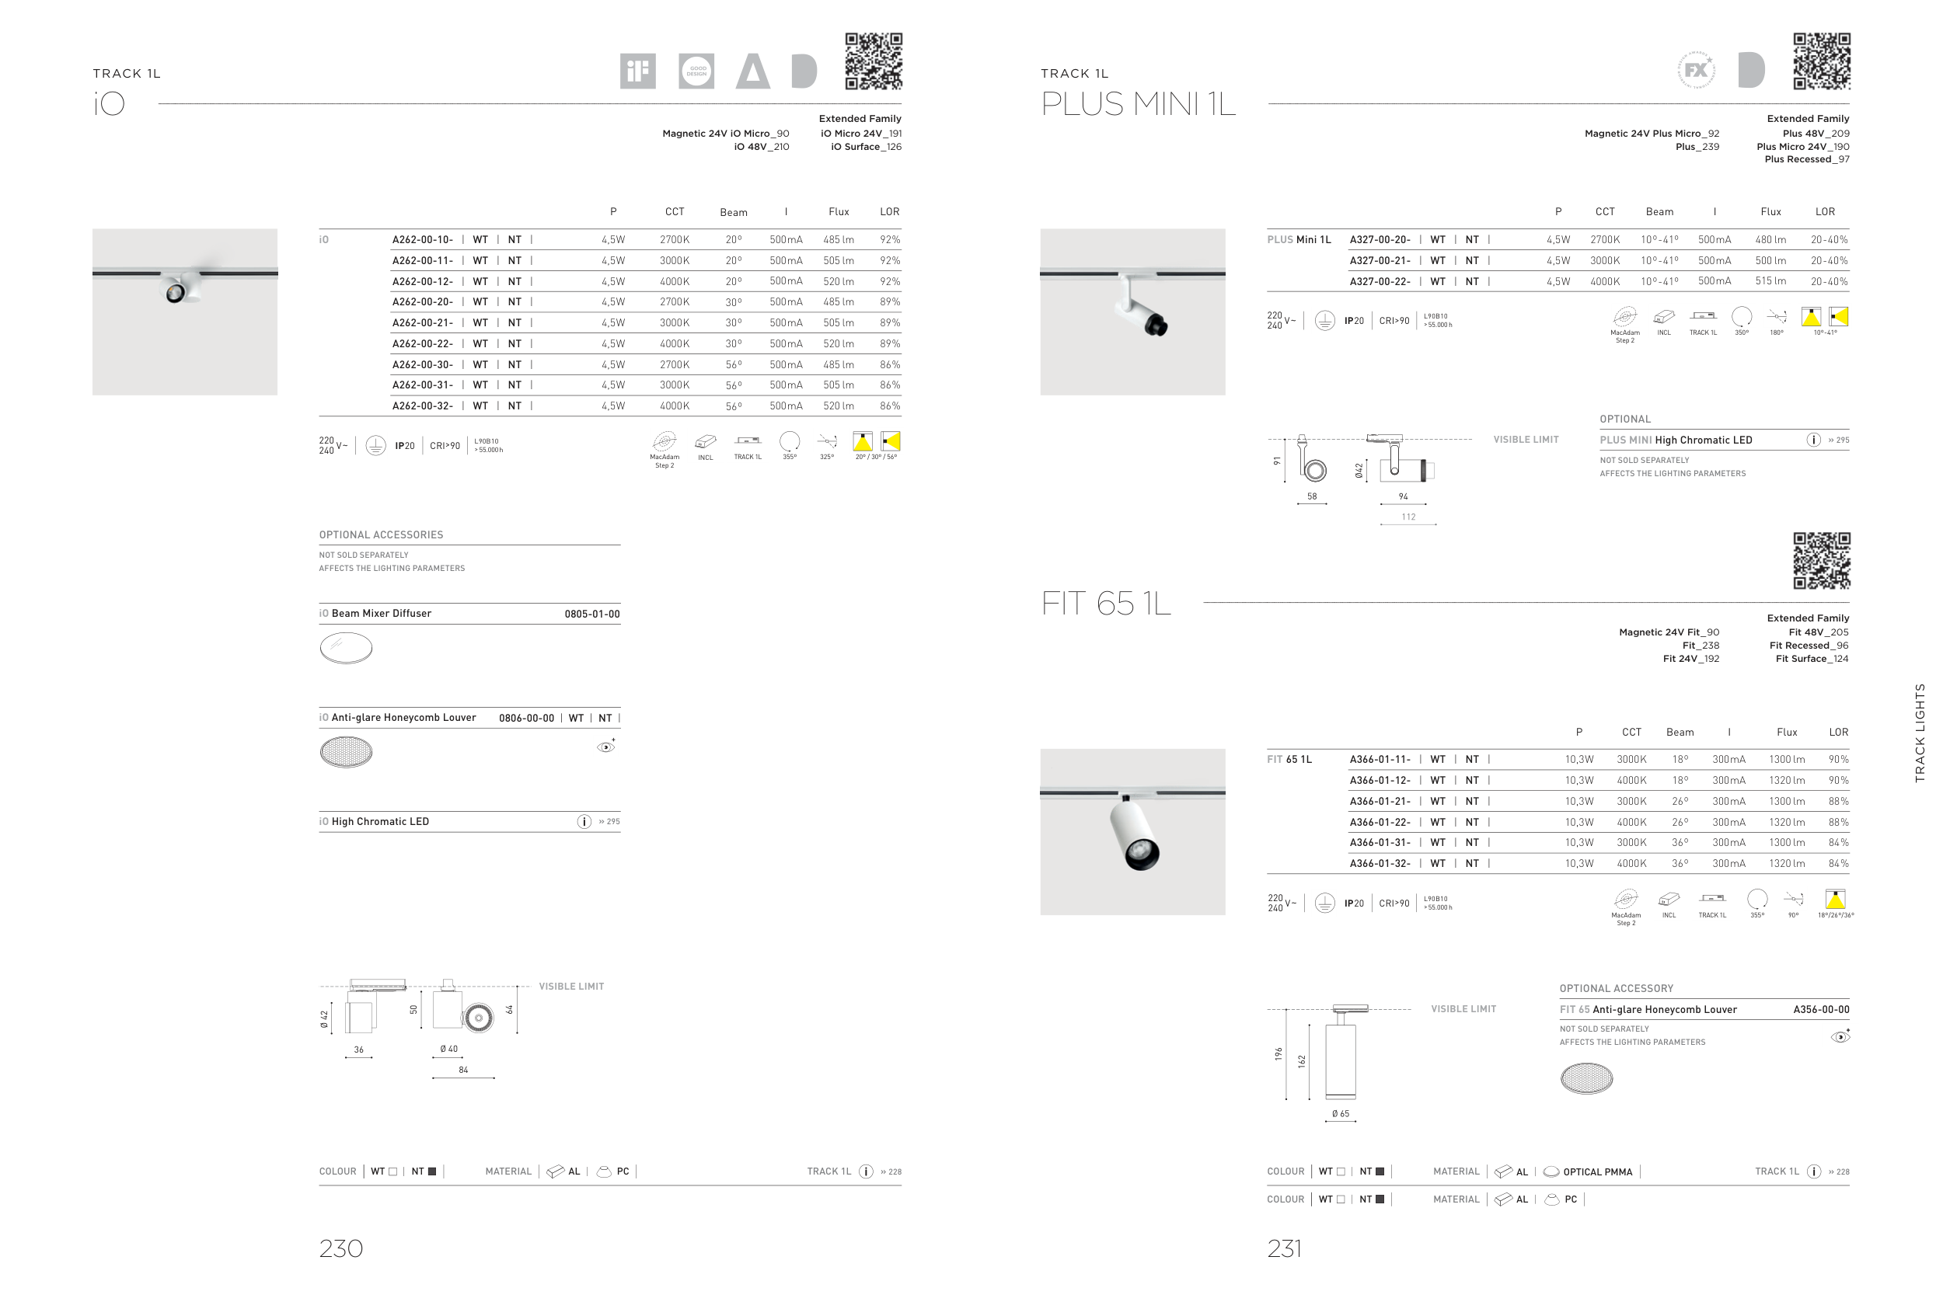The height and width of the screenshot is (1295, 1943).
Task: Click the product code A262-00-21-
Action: pyautogui.click(x=422, y=323)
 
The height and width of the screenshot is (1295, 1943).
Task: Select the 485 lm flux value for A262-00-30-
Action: pyautogui.click(x=839, y=364)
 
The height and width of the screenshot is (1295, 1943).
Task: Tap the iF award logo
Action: pyautogui.click(x=638, y=71)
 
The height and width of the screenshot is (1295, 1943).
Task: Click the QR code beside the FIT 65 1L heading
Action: pyautogui.click(x=1822, y=561)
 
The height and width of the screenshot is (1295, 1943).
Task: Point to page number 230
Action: pyautogui.click(x=341, y=1248)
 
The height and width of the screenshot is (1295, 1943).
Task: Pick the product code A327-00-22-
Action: pyautogui.click(x=1380, y=282)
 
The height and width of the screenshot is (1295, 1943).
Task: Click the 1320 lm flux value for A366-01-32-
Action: pyautogui.click(x=1787, y=863)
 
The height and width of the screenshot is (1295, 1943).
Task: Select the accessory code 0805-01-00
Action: pyautogui.click(x=592, y=614)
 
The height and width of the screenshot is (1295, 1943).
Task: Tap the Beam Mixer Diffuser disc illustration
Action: pyautogui.click(x=346, y=648)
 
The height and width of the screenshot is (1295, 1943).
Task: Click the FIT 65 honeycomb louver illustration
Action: pyautogui.click(x=1586, y=1077)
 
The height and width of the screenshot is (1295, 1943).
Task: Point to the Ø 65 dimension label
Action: pyautogui.click(x=1340, y=1113)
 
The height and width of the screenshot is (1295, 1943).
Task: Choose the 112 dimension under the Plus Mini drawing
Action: pyautogui.click(x=1408, y=517)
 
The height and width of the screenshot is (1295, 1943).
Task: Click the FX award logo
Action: pyautogui.click(x=1696, y=70)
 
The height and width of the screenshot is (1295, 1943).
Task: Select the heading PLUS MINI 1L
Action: pyautogui.click(x=1139, y=104)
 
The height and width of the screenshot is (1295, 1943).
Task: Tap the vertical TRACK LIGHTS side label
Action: pyautogui.click(x=1920, y=733)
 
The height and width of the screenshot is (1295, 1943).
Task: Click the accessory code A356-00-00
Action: pyautogui.click(x=1822, y=1009)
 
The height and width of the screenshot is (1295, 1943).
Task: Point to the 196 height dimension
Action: pyautogui.click(x=1278, y=1054)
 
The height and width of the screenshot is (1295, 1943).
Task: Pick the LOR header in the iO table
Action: pyautogui.click(x=890, y=211)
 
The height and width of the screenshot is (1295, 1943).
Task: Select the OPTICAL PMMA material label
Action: pyautogui.click(x=1598, y=1172)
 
